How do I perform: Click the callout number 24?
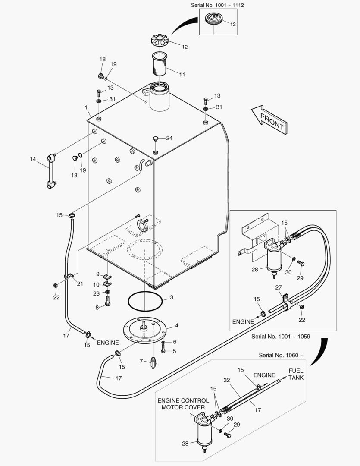(x=169, y=138)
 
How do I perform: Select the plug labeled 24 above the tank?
(x=155, y=139)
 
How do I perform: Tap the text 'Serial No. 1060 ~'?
(x=281, y=355)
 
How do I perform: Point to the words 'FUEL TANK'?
(x=296, y=374)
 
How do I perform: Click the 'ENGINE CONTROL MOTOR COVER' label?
(x=183, y=403)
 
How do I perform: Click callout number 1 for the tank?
(x=86, y=107)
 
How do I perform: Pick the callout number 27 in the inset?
(x=279, y=287)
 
